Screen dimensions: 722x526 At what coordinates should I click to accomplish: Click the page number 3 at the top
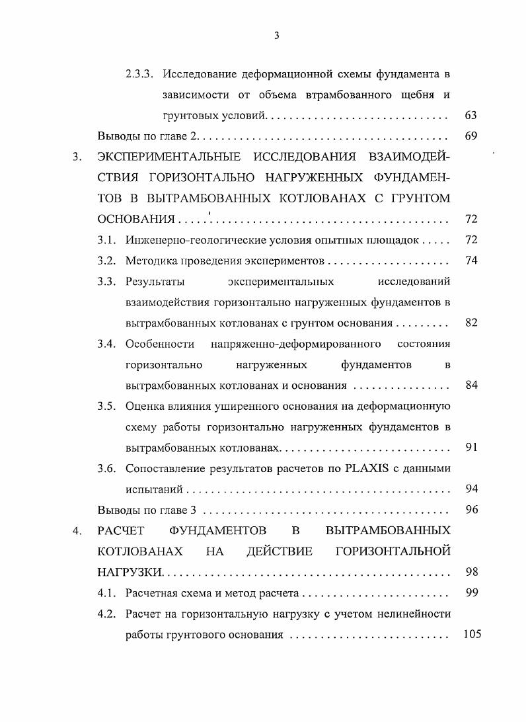click(x=277, y=36)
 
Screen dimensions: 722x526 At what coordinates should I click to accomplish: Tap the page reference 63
click(x=470, y=115)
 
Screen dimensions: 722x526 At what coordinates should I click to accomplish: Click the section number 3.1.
click(x=108, y=239)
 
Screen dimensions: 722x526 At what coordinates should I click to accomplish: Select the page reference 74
click(x=470, y=260)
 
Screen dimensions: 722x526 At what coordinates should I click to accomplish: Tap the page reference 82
click(x=470, y=323)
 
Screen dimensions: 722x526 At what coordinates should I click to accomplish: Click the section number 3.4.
click(x=108, y=344)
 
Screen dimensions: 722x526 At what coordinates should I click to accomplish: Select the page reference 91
click(x=470, y=447)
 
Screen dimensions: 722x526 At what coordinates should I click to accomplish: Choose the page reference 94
click(x=470, y=489)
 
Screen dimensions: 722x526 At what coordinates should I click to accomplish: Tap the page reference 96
click(x=470, y=510)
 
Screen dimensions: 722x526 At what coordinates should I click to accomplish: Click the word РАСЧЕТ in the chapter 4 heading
click(x=120, y=530)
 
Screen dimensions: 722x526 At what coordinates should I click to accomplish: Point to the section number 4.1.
click(x=108, y=593)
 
